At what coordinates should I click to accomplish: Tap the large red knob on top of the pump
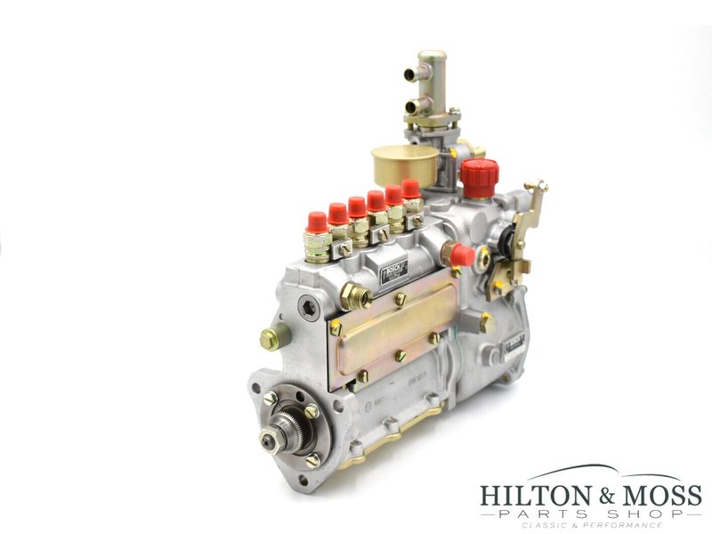pyautogui.click(x=480, y=177)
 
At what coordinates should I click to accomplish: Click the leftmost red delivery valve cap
pyautogui.click(x=316, y=222)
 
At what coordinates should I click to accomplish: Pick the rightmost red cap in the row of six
pyautogui.click(x=410, y=189)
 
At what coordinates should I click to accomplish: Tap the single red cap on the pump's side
pyautogui.click(x=461, y=255)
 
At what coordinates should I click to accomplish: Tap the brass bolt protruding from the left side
pyautogui.click(x=271, y=337)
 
